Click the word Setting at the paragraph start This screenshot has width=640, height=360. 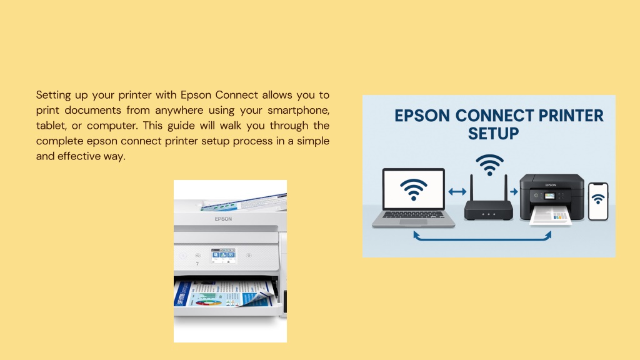54,96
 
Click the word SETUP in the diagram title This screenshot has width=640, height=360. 493,134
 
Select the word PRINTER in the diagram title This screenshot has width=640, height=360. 571,116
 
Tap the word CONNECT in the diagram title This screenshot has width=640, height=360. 494,116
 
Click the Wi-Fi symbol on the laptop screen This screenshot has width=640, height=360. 414,189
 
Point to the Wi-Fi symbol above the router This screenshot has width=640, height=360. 489,165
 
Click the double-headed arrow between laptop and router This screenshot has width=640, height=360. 457,191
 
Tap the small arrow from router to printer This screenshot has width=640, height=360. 514,191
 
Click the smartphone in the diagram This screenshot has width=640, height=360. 598,202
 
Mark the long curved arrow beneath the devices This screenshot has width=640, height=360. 482,239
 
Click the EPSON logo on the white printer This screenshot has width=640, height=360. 223,219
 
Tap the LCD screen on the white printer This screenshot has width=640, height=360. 223,256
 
